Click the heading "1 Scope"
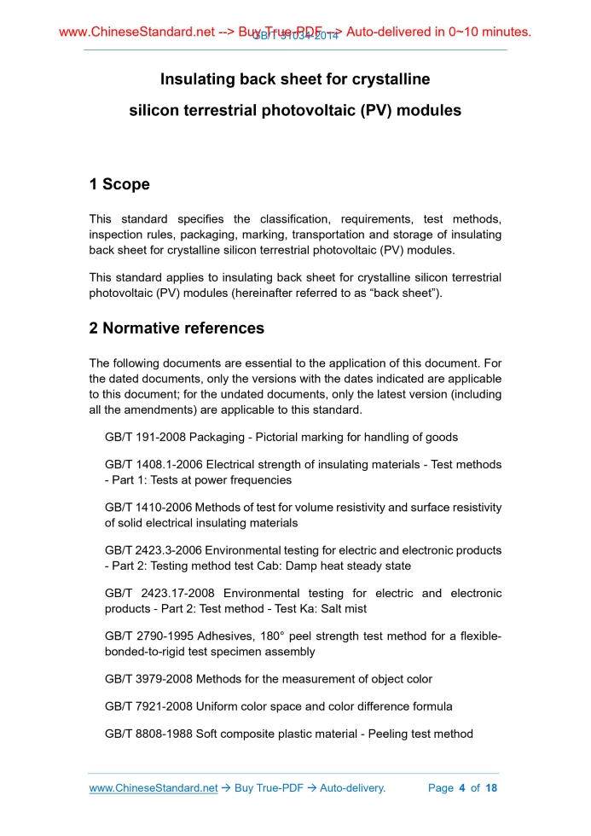click(119, 184)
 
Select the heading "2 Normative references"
click(177, 328)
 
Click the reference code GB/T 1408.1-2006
click(154, 465)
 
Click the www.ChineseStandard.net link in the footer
click(154, 788)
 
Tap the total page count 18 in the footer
click(491, 788)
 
